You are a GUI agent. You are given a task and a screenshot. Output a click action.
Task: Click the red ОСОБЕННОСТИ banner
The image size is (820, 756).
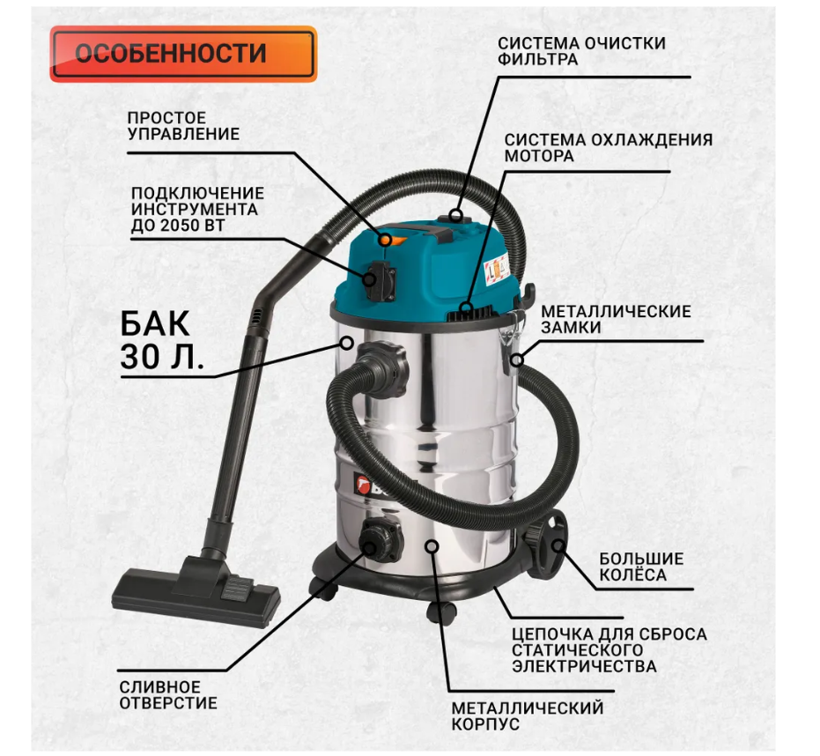183,54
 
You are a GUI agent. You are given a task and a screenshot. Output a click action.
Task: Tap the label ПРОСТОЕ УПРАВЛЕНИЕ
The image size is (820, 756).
183,126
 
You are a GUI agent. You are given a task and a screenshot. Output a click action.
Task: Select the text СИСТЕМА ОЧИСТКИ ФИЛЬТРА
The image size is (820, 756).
581,51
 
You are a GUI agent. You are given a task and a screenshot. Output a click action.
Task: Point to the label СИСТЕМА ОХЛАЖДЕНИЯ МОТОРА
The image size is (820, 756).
609,147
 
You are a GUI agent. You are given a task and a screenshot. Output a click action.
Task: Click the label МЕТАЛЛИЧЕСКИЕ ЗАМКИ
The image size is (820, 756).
616,319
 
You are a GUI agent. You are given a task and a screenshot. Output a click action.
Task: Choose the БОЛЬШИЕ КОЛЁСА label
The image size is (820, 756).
641,567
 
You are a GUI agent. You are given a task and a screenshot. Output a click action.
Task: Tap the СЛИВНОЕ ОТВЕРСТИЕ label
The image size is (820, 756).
168,695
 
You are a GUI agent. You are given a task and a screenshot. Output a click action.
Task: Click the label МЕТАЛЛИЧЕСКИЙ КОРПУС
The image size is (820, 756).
527,715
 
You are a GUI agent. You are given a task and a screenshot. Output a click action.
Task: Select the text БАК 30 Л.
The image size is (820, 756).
161,340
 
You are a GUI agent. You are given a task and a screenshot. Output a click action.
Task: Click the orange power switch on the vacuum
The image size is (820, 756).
392,239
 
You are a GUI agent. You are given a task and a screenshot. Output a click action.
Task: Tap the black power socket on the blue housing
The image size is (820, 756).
380,279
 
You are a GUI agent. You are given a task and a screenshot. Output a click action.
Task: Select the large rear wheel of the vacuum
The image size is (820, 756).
546,545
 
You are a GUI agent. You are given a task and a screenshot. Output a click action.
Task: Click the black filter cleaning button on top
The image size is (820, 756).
456,216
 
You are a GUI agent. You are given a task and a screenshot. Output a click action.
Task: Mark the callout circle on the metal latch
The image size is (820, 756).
517,360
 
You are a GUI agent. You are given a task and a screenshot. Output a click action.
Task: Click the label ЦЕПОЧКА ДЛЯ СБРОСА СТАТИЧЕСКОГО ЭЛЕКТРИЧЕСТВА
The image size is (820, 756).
609,649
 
